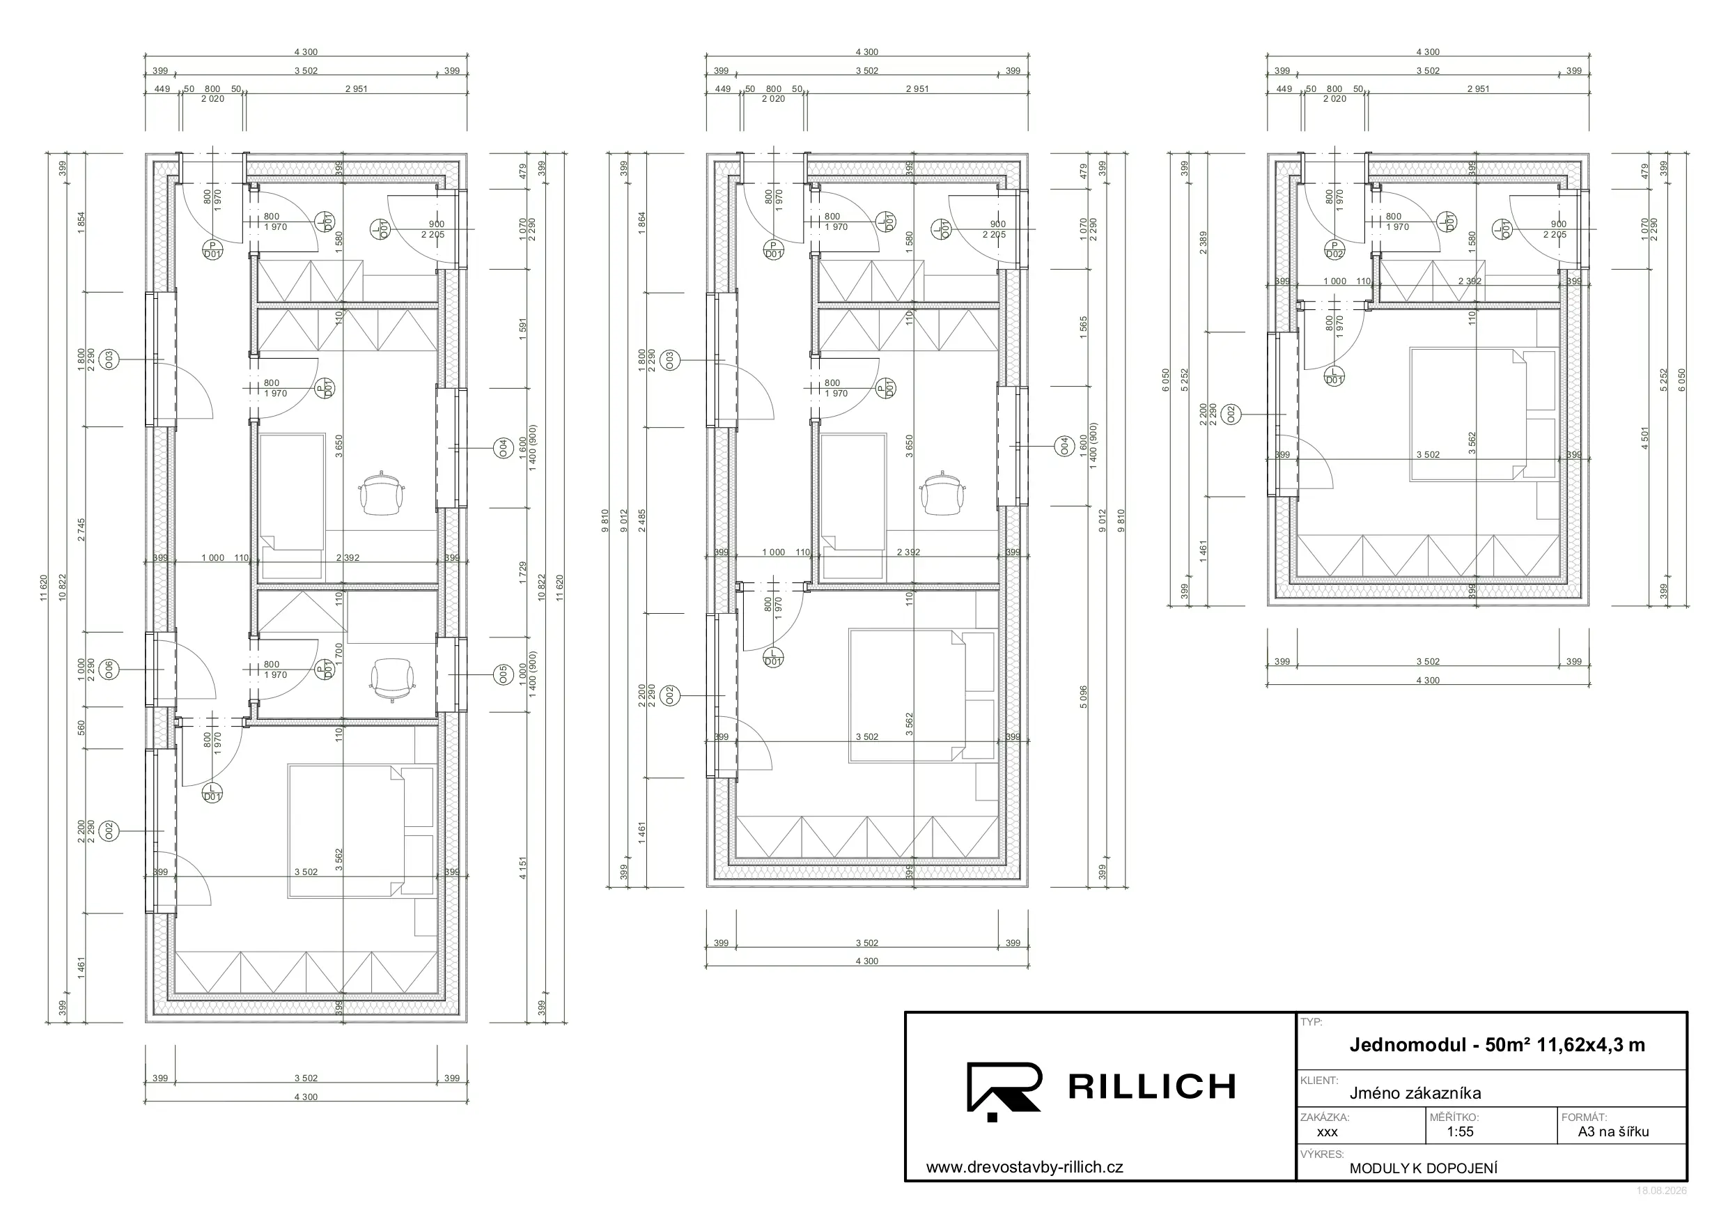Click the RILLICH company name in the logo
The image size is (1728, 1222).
click(1151, 1086)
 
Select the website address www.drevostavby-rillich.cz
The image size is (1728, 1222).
click(1025, 1167)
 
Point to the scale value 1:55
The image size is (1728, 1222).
click(1460, 1131)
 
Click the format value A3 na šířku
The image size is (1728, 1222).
click(1614, 1131)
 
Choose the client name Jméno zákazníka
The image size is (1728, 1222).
click(1415, 1093)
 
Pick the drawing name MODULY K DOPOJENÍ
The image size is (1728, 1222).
click(1423, 1168)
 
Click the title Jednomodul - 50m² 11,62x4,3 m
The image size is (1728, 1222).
click(1497, 1045)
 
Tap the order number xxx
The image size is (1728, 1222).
click(1327, 1132)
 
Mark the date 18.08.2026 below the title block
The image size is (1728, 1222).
click(1662, 1191)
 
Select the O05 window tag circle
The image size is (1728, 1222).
click(504, 675)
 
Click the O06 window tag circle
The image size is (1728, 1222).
click(109, 670)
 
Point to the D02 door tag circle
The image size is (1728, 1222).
click(1334, 250)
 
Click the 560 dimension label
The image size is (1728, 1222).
click(81, 728)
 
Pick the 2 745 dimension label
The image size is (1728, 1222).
click(81, 529)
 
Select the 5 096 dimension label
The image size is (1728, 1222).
click(1083, 697)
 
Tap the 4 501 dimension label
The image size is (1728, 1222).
click(1644, 438)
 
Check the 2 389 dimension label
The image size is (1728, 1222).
click(1204, 242)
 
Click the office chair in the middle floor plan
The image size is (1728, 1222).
click(943, 493)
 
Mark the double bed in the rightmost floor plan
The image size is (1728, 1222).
click(1468, 413)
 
